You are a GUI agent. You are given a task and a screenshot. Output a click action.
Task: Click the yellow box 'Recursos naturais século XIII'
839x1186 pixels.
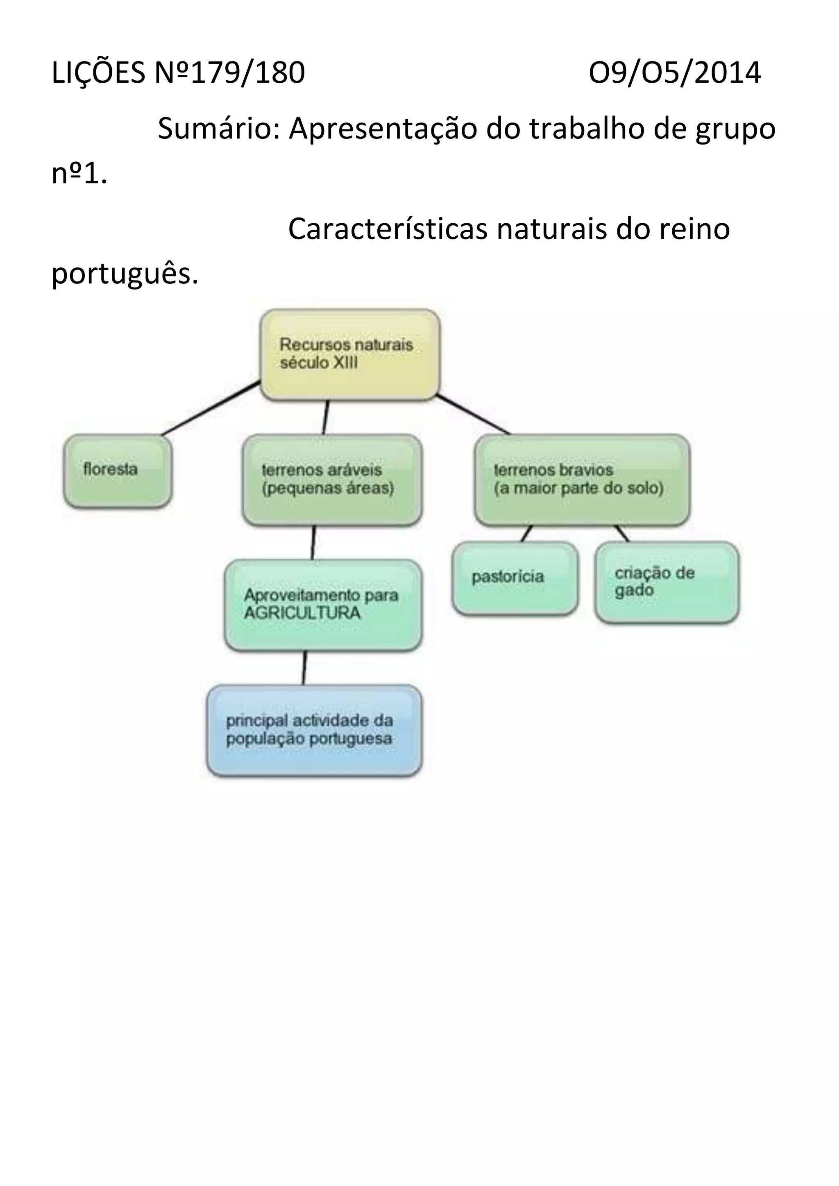(x=350, y=354)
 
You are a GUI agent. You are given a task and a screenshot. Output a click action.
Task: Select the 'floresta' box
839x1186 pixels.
(x=118, y=471)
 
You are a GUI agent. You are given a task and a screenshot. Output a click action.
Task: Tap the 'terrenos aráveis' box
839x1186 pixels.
(x=332, y=480)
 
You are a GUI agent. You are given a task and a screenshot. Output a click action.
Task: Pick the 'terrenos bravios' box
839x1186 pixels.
(x=582, y=480)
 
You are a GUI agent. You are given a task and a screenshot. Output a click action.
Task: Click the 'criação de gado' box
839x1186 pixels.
(x=667, y=582)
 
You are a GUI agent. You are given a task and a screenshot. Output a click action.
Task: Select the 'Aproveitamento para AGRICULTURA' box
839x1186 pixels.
(x=323, y=604)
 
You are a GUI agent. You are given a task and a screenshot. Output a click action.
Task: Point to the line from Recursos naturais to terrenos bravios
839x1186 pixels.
(x=473, y=414)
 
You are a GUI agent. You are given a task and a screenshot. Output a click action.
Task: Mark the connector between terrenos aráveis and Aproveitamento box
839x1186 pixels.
(x=313, y=542)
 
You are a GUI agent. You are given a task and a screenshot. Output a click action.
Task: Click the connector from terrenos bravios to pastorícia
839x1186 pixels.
(x=526, y=534)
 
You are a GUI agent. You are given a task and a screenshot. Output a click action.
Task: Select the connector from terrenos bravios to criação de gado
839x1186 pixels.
(x=622, y=534)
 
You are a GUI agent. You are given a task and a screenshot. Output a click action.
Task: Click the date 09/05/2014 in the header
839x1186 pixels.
(x=674, y=73)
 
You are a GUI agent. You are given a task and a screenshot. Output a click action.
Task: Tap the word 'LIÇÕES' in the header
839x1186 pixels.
(x=98, y=73)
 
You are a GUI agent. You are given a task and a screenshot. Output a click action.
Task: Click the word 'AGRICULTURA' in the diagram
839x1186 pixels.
(x=302, y=613)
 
